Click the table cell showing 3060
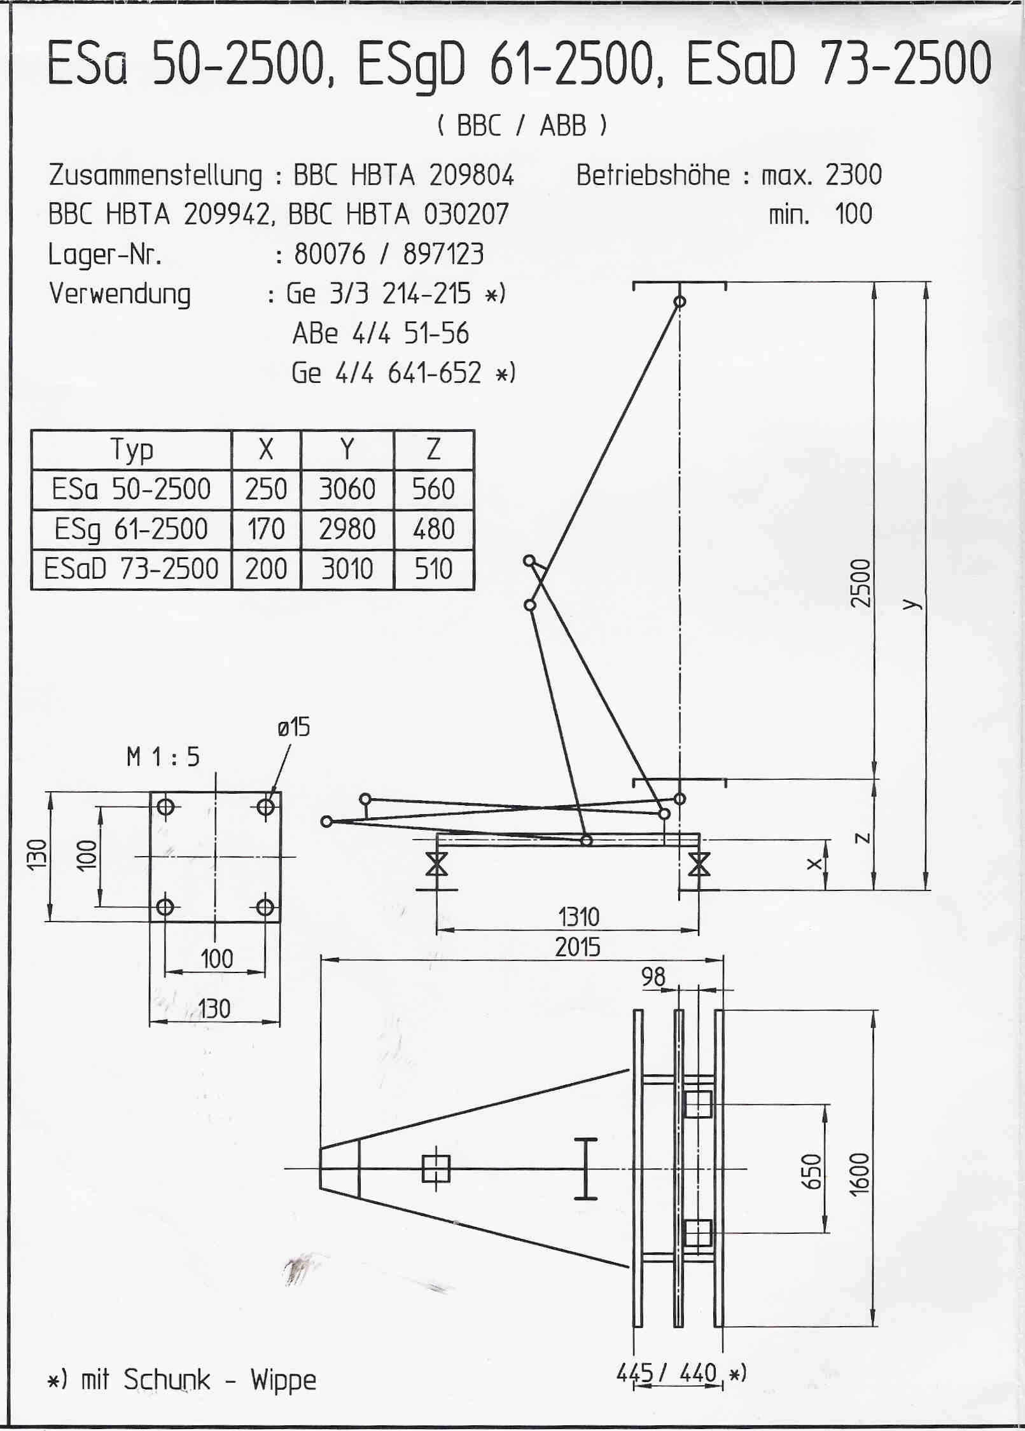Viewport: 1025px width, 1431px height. pyautogui.click(x=347, y=489)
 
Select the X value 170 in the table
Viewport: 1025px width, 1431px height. pyautogui.click(x=266, y=529)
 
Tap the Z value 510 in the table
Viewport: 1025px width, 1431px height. pyautogui.click(x=433, y=569)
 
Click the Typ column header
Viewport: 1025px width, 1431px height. pyautogui.click(x=132, y=450)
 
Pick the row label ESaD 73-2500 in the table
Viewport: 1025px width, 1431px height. pyautogui.click(x=131, y=569)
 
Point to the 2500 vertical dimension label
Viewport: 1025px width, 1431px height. pyautogui.click(x=860, y=583)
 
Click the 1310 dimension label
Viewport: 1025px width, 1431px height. pyautogui.click(x=579, y=917)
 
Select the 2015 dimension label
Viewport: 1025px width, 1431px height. pyautogui.click(x=578, y=948)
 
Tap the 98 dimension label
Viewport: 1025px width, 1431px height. pyautogui.click(x=653, y=976)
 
